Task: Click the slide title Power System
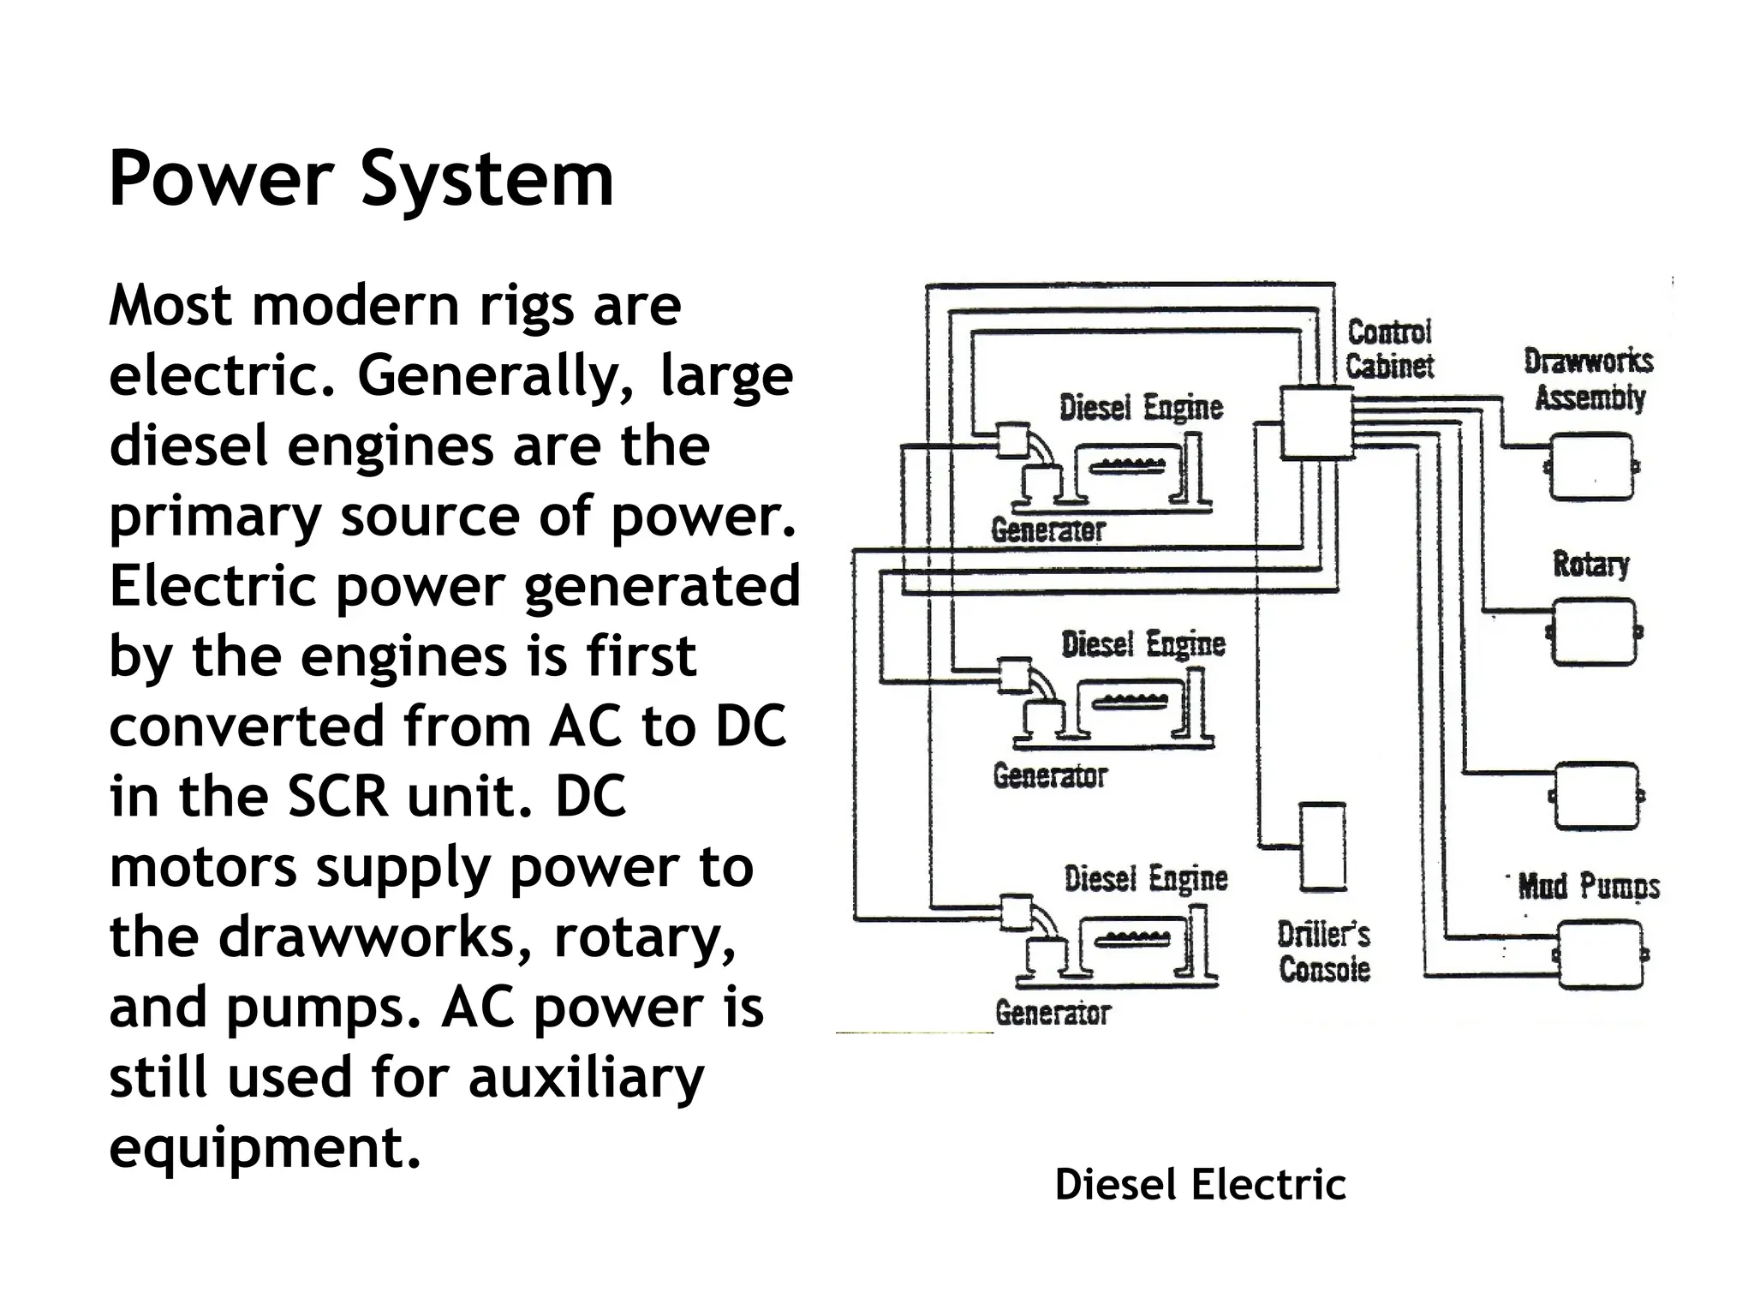pos(361,179)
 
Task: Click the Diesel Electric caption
pos(1200,1185)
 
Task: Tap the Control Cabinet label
pos(1388,350)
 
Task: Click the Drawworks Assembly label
pos(1589,380)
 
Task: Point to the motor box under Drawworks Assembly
pos(1591,467)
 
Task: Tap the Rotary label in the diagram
pos(1590,564)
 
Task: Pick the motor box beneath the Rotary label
pos(1594,632)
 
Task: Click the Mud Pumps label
pos(1589,886)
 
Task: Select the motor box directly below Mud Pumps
pos(1599,954)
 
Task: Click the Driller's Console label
pos(1324,952)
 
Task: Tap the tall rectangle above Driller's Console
pos(1322,846)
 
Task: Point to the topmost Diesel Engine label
pos(1141,408)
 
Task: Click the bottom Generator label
pos(1053,1014)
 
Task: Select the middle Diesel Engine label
pos(1143,644)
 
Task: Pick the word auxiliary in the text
pos(586,1077)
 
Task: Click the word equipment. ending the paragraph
pos(265,1147)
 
